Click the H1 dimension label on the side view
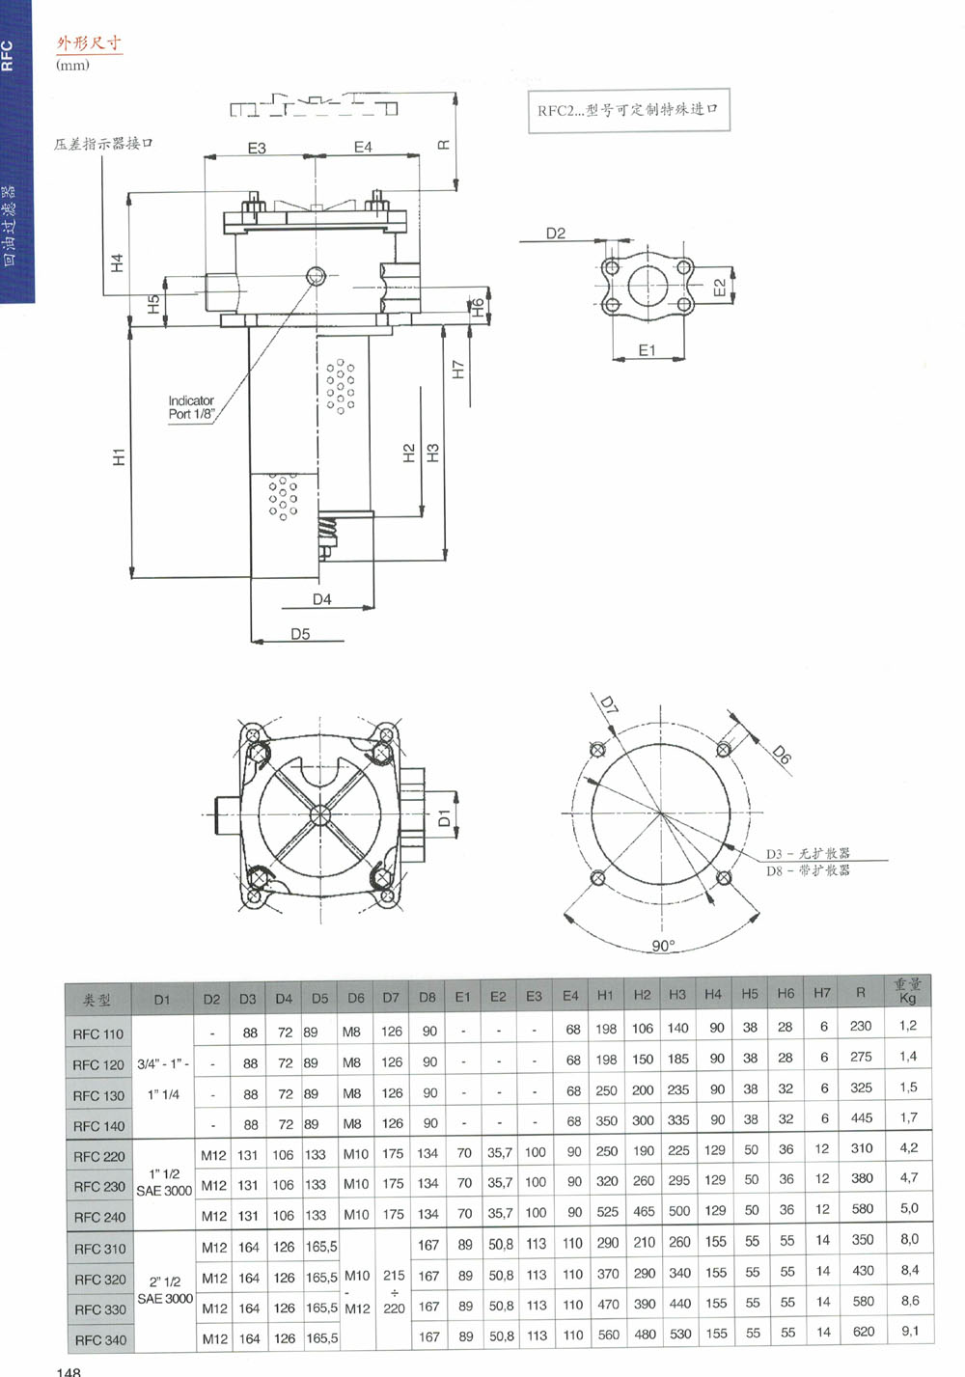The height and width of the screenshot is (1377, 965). (120, 456)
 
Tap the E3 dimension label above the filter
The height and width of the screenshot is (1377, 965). (257, 149)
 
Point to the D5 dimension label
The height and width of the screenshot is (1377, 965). (300, 634)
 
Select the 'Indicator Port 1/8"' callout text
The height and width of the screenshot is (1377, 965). (191, 407)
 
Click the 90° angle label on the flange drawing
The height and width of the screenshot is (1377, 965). (663, 946)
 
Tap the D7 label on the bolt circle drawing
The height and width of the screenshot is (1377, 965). (609, 703)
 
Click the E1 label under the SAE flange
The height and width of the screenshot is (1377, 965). (647, 350)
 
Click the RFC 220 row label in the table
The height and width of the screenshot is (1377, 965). (99, 1156)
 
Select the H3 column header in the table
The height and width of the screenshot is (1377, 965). (677, 994)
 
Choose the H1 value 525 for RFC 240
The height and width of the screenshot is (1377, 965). (607, 1212)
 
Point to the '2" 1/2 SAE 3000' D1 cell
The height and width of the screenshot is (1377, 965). (165, 1290)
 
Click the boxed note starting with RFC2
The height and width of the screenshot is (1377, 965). (629, 110)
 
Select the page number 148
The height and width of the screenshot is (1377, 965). (69, 1371)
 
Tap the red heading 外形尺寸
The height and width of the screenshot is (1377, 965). (89, 43)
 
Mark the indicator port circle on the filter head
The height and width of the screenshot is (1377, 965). (316, 276)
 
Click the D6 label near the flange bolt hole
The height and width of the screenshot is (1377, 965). (781, 754)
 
